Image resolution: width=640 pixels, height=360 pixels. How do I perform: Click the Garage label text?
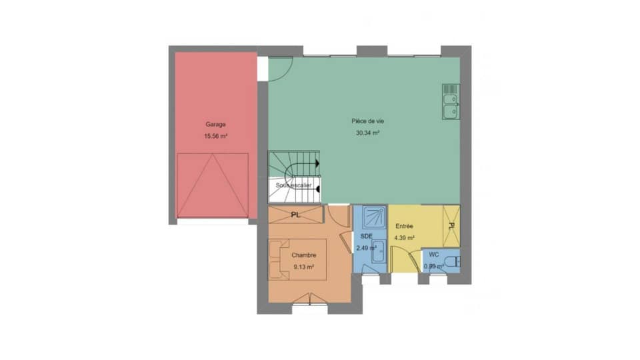click(x=215, y=125)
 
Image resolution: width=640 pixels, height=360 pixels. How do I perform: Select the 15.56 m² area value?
click(x=215, y=137)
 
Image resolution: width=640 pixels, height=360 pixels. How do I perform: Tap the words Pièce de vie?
click(x=367, y=121)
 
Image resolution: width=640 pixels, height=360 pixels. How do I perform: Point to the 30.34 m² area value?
click(x=367, y=133)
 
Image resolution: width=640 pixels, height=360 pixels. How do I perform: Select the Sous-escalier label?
click(x=293, y=186)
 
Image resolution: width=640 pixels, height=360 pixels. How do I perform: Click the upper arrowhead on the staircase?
click(x=317, y=163)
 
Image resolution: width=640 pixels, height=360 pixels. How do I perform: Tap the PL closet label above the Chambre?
click(x=295, y=215)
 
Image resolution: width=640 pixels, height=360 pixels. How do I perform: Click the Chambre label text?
click(x=303, y=255)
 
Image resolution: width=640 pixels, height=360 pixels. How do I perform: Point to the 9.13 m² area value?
click(x=303, y=267)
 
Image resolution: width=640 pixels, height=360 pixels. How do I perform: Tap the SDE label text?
click(x=366, y=237)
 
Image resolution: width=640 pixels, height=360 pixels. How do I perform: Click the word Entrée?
click(x=405, y=227)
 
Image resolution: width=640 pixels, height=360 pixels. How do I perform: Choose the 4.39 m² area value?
click(x=405, y=238)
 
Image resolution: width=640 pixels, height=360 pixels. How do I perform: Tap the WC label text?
click(x=433, y=255)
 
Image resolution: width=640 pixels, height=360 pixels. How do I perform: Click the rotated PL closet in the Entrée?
click(x=451, y=225)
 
